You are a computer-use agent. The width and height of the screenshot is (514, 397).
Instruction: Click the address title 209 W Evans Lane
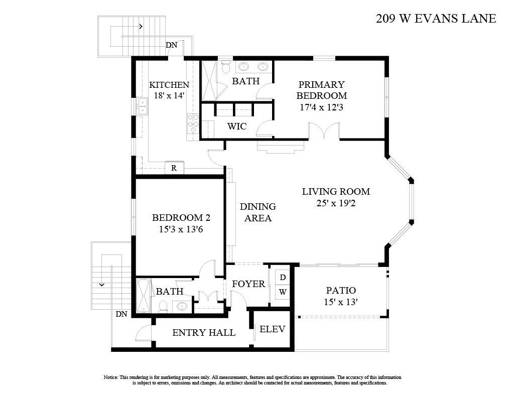point(436,19)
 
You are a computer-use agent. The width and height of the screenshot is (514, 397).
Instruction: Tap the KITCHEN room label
point(169,85)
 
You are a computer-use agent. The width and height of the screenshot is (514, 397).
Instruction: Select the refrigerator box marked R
point(174,168)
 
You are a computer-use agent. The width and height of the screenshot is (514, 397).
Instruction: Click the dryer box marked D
point(283,277)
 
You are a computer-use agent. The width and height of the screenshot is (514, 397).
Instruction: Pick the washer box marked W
point(283,292)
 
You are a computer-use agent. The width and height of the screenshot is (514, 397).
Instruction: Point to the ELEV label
point(272,329)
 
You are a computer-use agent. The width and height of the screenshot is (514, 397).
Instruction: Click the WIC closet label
point(236,126)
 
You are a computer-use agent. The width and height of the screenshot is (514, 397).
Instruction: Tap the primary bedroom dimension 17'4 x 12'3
point(321,107)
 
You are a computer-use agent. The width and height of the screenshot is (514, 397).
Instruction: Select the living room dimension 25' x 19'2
point(336,203)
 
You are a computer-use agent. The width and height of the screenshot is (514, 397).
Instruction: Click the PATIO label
point(341,290)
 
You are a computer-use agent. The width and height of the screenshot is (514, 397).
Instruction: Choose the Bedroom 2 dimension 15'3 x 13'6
point(181,229)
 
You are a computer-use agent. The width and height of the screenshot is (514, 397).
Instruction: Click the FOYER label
point(248,284)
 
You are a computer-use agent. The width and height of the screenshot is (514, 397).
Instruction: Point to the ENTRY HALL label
point(204,332)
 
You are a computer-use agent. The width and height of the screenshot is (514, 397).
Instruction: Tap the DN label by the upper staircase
point(172,45)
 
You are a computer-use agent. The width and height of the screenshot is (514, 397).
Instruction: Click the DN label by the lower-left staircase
point(121,314)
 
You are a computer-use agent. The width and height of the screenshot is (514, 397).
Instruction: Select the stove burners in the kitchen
point(193,123)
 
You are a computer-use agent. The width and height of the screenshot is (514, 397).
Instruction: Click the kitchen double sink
point(143,106)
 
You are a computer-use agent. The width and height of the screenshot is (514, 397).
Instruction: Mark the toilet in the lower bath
point(163,305)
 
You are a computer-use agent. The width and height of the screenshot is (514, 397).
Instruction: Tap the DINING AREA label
point(258,212)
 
